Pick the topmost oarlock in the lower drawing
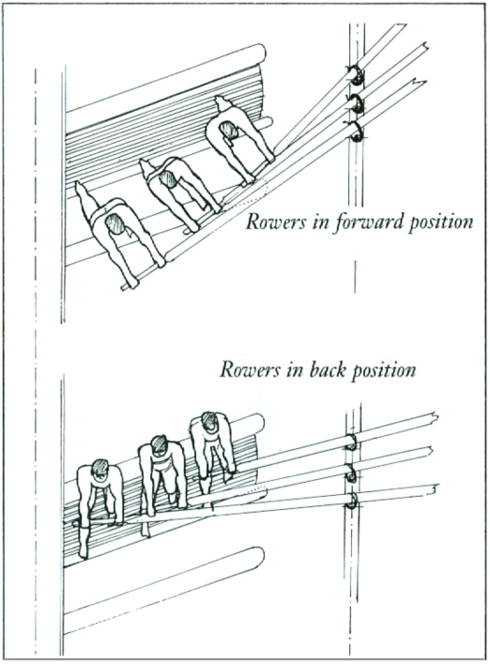click(x=351, y=442)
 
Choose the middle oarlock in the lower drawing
click(x=352, y=473)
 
